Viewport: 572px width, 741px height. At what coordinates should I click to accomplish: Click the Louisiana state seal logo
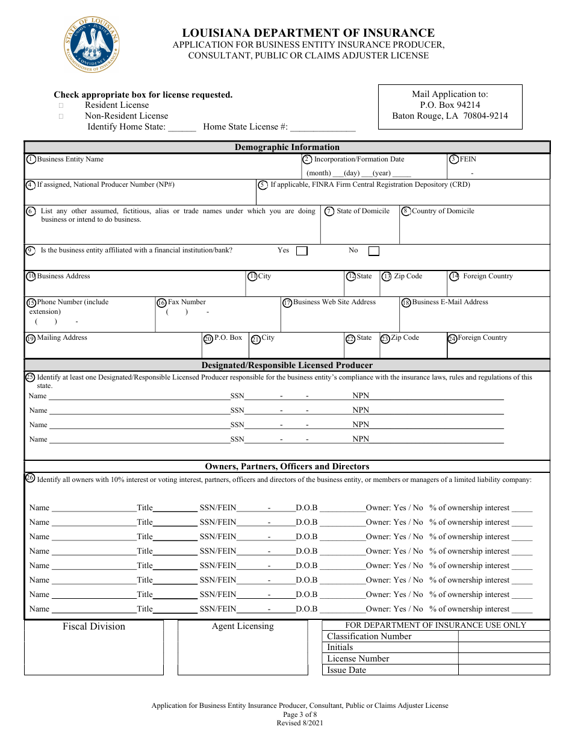pos(92,45)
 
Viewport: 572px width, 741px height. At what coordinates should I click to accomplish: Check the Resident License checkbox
pos(61,105)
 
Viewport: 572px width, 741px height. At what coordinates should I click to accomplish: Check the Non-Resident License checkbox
pos(61,116)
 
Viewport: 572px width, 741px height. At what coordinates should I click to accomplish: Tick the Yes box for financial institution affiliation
pos(302,251)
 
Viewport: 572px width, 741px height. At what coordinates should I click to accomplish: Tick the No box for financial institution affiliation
pos(374,251)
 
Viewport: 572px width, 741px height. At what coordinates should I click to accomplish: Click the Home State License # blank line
pos(323,128)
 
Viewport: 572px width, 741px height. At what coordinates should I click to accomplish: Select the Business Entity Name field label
pos(70,160)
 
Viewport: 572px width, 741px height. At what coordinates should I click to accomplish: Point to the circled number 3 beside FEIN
pos(454,160)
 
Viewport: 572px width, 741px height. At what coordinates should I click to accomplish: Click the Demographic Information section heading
pos(287,147)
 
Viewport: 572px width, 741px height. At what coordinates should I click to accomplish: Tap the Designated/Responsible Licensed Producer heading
pos(287,365)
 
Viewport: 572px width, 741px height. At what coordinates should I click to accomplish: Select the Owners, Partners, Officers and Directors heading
pos(287,466)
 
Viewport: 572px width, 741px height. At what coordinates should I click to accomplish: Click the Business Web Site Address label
pos(334,302)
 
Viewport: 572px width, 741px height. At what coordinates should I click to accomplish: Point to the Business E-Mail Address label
pos(450,302)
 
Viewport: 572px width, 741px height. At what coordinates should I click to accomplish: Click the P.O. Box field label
pos(228,338)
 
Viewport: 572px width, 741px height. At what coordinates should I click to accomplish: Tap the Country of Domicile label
pos(443,211)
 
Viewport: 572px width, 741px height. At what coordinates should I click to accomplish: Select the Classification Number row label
pos(369,636)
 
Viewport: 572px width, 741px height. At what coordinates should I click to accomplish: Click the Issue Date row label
pos(346,670)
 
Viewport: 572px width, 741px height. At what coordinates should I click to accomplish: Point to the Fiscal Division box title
pos(94,627)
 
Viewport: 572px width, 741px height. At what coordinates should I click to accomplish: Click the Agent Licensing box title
pos(243,627)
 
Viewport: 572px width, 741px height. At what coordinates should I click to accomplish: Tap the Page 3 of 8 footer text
pos(299,714)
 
